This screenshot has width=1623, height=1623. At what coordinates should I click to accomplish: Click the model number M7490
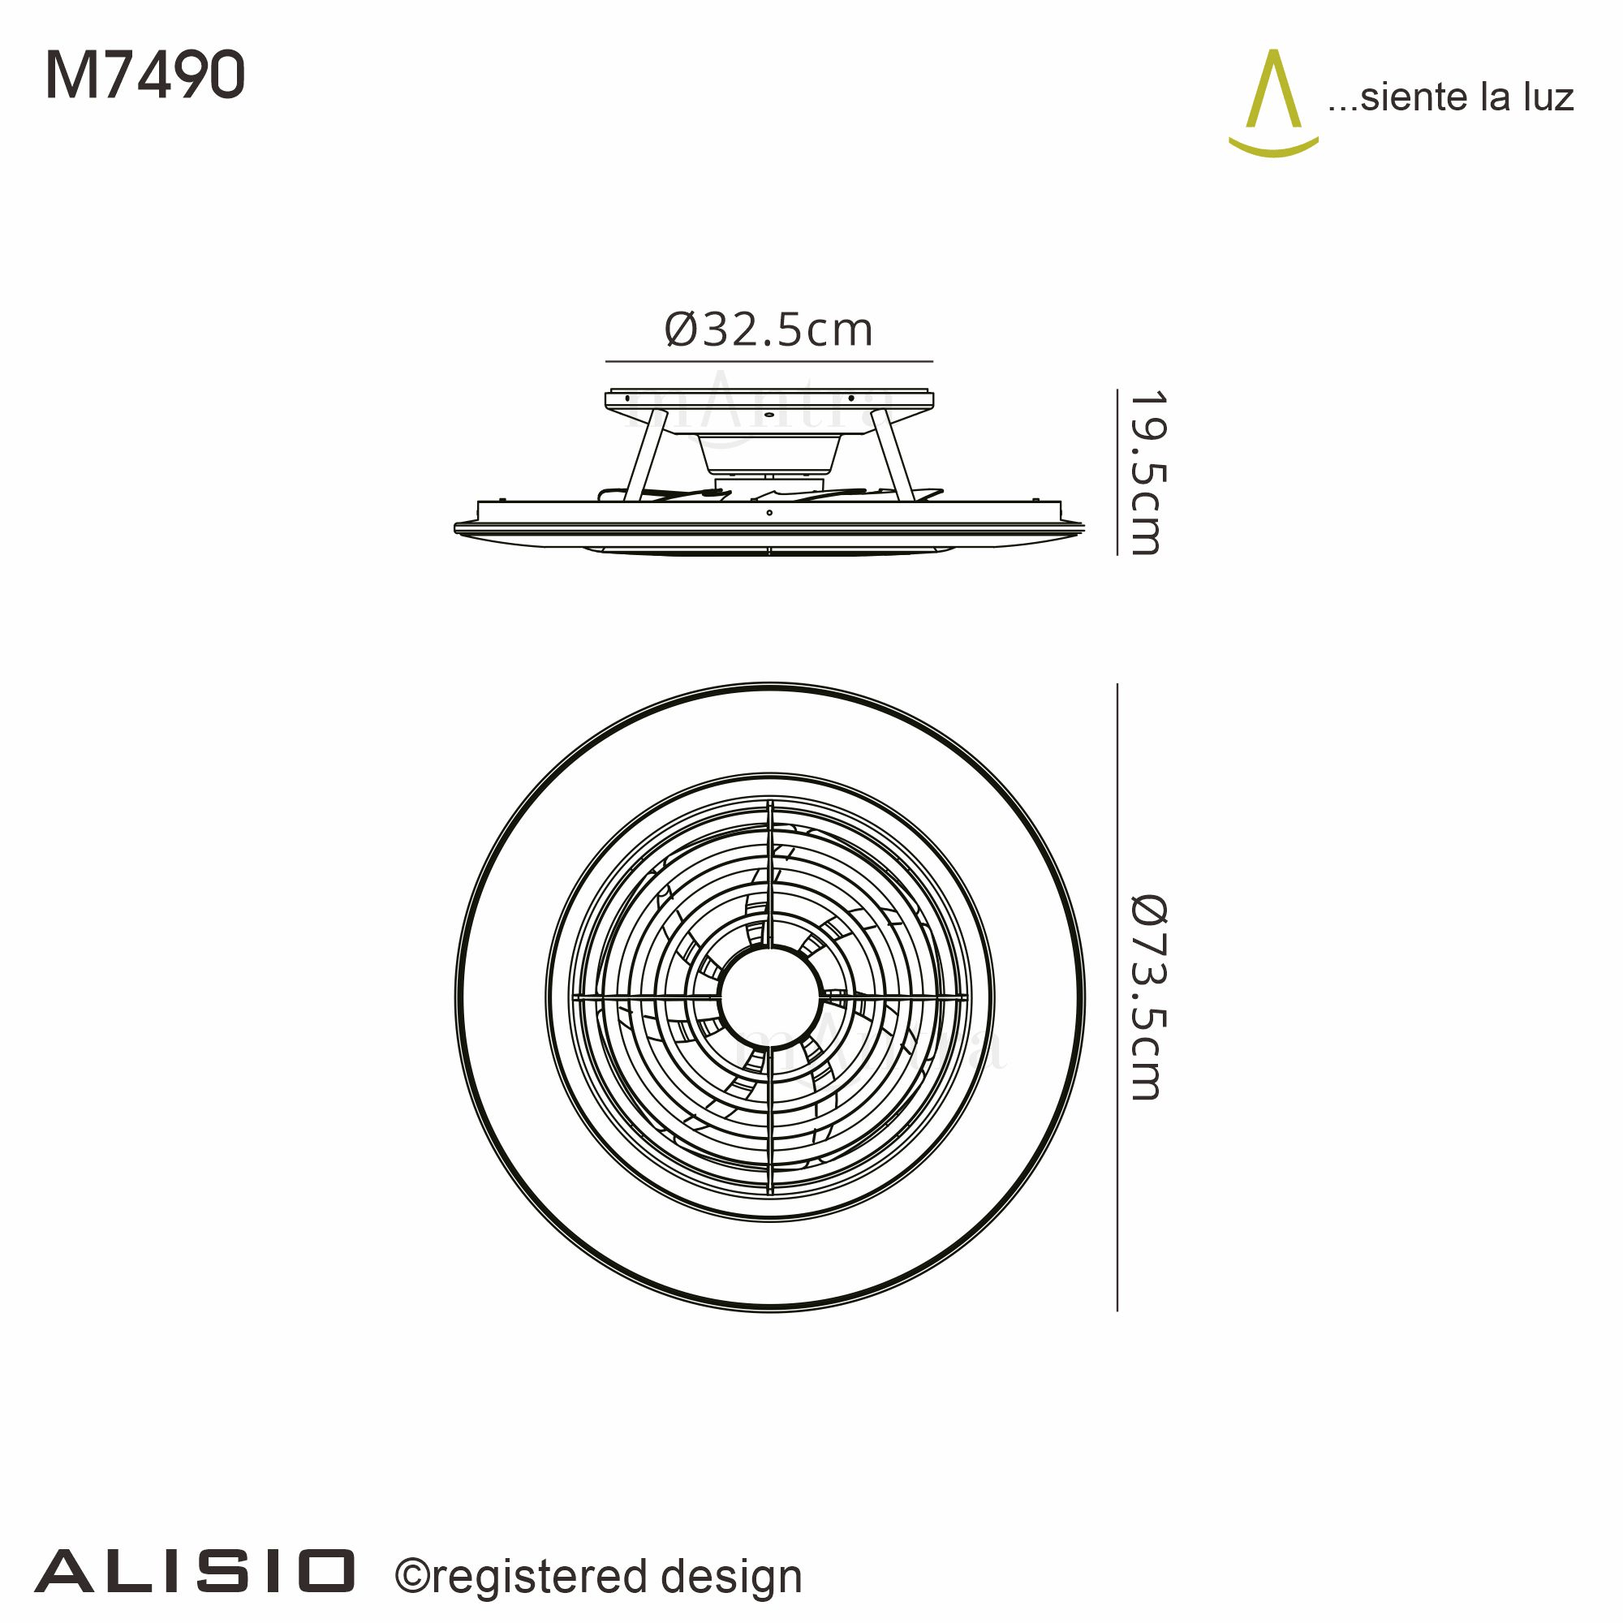coord(144,75)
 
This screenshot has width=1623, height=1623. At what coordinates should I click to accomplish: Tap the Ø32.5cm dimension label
coord(768,329)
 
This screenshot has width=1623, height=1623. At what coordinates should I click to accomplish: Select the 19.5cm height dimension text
coord(1146,472)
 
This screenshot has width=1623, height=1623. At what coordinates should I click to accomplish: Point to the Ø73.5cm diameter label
coord(1147,997)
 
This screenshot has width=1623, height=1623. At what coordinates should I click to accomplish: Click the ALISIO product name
coord(195,1572)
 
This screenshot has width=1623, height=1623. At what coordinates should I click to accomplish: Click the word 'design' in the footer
coord(731,1577)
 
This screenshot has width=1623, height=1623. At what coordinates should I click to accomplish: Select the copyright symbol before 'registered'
coord(412,1577)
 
